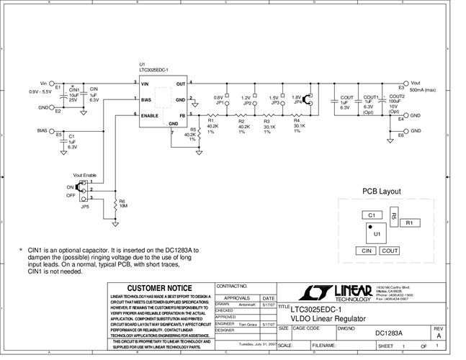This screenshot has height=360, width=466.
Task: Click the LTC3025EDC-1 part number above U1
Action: click(x=153, y=70)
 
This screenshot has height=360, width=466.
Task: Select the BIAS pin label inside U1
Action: click(x=146, y=99)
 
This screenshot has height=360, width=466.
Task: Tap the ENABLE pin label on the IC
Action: click(x=150, y=115)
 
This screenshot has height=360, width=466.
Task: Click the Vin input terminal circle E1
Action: click(x=52, y=84)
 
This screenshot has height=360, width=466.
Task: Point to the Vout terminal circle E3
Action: click(x=405, y=84)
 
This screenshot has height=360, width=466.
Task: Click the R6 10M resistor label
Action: click(x=122, y=204)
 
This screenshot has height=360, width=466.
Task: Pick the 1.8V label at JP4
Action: click(x=296, y=97)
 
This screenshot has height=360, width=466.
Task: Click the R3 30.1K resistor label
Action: click(x=266, y=126)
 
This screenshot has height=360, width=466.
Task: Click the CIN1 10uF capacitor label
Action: click(x=73, y=94)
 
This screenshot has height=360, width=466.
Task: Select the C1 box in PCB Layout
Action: click(x=371, y=215)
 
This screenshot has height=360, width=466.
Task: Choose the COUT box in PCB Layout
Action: click(x=390, y=251)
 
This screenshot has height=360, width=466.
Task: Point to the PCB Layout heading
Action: click(x=381, y=192)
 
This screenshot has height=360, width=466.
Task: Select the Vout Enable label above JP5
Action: click(x=84, y=175)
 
